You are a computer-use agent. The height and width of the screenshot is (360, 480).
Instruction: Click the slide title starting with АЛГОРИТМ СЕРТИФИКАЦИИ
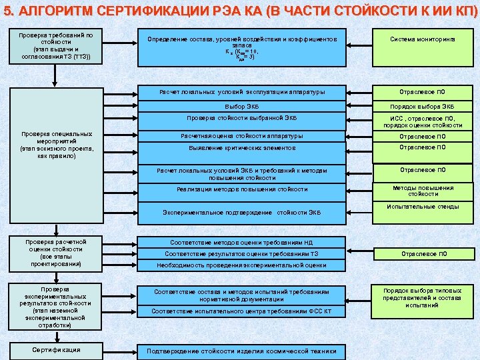(240, 11)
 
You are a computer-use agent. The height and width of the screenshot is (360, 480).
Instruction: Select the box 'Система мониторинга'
(423, 40)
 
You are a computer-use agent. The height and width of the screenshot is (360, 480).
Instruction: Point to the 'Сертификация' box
(57, 350)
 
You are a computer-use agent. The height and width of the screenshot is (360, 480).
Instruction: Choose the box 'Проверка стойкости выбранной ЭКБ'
(241, 119)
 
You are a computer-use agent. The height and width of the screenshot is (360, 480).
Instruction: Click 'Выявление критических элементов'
(241, 147)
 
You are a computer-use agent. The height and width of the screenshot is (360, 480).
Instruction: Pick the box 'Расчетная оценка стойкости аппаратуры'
(241, 136)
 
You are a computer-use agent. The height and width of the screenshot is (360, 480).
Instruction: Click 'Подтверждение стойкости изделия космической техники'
(241, 351)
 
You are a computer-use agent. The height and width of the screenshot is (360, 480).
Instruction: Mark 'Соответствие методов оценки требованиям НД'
(241, 243)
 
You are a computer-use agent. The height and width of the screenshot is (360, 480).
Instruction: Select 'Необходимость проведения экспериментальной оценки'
(241, 265)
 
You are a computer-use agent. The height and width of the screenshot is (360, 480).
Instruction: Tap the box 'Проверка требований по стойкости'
(57, 45)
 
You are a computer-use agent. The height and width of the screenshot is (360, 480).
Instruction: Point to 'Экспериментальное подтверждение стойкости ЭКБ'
(241, 213)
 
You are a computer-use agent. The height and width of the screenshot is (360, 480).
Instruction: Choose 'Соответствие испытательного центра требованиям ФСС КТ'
(241, 311)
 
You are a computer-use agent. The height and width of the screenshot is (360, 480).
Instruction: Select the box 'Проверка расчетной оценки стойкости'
(57, 252)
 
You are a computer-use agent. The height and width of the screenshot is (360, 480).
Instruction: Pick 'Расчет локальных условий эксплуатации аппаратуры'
(241, 91)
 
